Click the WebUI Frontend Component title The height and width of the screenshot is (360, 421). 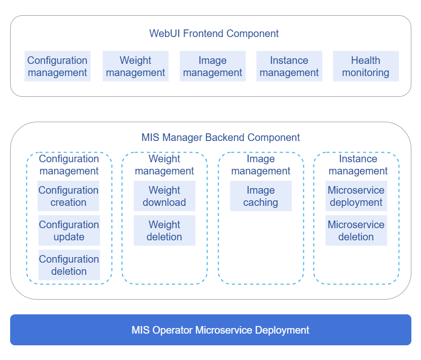tap(214, 34)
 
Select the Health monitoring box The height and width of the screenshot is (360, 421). tap(366, 66)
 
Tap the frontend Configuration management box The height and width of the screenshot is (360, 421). tap(57, 66)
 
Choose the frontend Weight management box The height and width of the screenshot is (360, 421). tap(135, 66)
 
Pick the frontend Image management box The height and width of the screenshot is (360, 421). tap(213, 66)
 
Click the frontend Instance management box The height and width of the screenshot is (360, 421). tap(289, 66)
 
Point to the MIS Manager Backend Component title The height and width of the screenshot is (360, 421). tap(221, 137)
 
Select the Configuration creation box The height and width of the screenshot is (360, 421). tap(68, 196)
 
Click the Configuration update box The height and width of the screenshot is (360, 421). tap(69, 231)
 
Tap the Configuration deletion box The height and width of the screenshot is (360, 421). tap(69, 265)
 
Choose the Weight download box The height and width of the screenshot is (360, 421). tap(164, 196)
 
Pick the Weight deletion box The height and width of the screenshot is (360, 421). tap(164, 231)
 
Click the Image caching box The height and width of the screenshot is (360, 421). tap(261, 196)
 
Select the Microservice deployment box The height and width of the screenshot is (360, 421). tap(356, 196)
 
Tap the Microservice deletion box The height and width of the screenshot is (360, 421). tap(356, 231)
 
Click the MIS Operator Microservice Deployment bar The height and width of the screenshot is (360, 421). tap(210, 330)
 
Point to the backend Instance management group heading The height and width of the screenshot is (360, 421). tap(358, 165)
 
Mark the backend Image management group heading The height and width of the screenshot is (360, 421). tap(261, 165)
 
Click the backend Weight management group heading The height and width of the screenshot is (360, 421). tap(164, 165)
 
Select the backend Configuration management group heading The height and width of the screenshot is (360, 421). tap(69, 165)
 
